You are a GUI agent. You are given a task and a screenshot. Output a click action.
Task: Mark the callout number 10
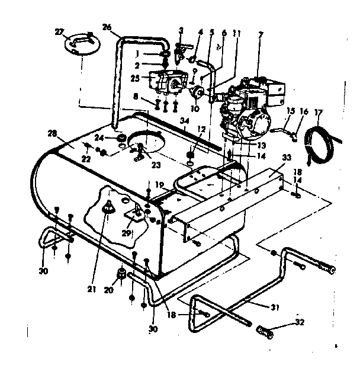[193, 110]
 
